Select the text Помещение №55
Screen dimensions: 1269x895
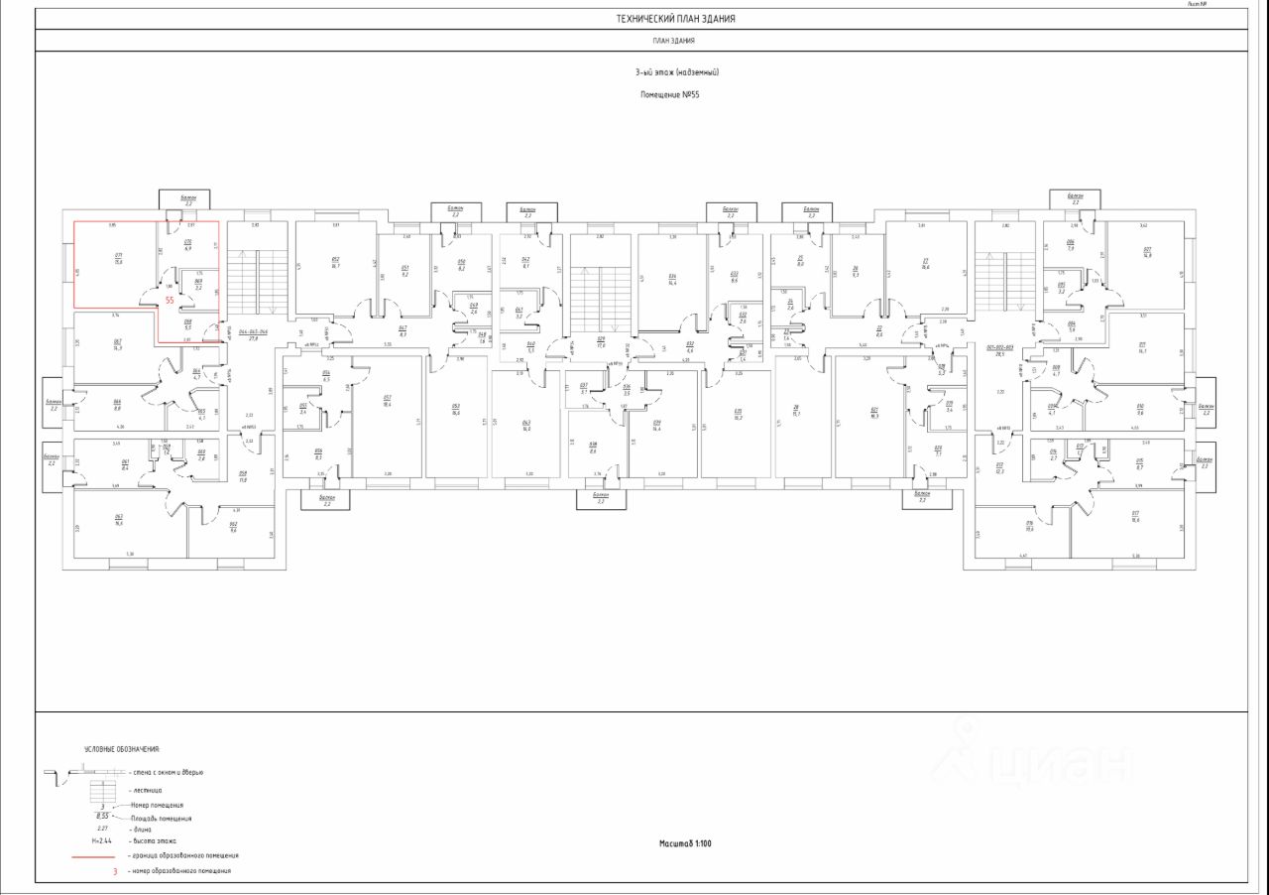pos(670,94)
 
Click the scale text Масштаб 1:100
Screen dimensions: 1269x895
pos(685,843)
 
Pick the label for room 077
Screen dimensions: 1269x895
pos(1147,252)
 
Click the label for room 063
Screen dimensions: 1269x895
pos(118,520)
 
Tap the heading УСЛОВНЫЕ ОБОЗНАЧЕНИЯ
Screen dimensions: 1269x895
pos(121,749)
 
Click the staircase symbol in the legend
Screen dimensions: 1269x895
pos(101,791)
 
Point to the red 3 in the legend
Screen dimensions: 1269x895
pos(115,870)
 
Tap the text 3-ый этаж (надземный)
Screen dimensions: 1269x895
pos(676,72)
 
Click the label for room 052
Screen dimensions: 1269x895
pos(335,264)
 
